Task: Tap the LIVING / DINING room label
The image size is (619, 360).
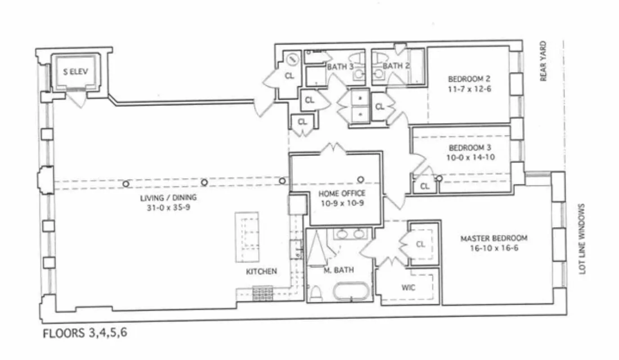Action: pyautogui.click(x=168, y=198)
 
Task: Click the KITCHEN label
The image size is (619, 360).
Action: pyautogui.click(x=261, y=272)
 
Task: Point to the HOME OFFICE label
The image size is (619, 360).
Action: pyautogui.click(x=342, y=193)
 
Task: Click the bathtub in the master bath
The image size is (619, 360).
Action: pyautogui.click(x=351, y=291)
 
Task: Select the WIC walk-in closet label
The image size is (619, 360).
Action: pyautogui.click(x=408, y=288)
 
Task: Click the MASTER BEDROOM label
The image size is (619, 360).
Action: pyautogui.click(x=493, y=238)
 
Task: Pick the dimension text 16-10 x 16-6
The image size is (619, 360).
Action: pyautogui.click(x=493, y=247)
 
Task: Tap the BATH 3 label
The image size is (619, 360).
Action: pyautogui.click(x=340, y=67)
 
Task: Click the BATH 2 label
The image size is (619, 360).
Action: pyautogui.click(x=396, y=66)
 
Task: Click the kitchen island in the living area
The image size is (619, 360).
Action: pyautogui.click(x=246, y=237)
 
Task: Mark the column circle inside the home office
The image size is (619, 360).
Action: pyautogui.click(x=361, y=180)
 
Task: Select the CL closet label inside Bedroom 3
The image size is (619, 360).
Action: pyautogui.click(x=425, y=186)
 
